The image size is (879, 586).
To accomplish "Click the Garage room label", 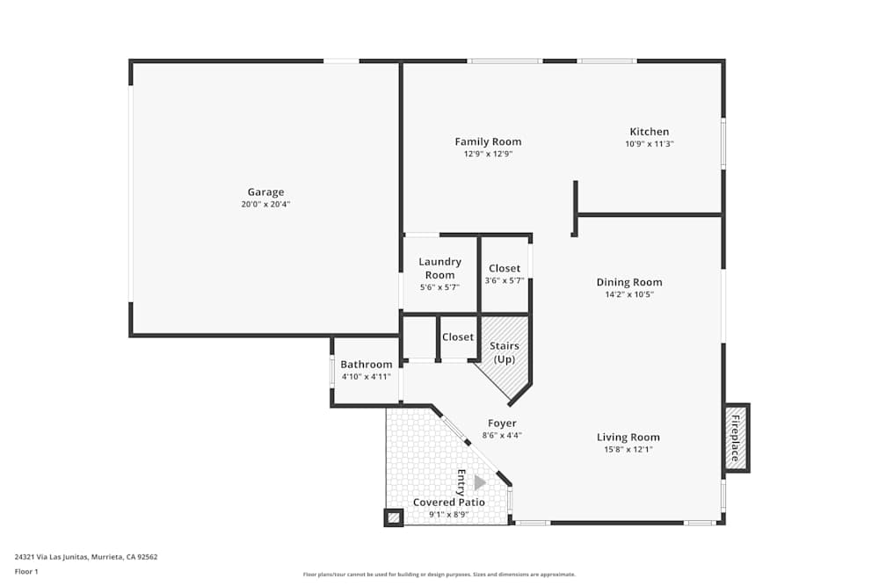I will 265,192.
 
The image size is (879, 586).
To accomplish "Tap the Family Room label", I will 488,141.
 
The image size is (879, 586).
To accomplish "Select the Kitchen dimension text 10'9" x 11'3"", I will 649,144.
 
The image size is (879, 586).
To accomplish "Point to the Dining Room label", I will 629,282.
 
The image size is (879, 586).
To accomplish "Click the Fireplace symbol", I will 736,438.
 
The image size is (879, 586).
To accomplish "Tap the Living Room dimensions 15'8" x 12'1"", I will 628,449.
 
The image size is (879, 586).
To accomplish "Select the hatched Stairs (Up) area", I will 504,356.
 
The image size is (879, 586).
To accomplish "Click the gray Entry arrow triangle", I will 480,482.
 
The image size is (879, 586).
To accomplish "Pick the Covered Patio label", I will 449,503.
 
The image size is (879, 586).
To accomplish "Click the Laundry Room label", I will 439,268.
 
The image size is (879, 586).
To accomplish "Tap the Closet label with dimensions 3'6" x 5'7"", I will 505,268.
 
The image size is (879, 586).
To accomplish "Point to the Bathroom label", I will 367,365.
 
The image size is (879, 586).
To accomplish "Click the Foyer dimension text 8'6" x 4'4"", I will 502,435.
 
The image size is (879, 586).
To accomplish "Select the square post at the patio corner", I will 393,517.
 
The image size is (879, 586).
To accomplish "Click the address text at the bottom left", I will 86,556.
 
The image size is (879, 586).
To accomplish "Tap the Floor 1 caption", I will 26,571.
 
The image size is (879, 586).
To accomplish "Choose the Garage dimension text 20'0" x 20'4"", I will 265,205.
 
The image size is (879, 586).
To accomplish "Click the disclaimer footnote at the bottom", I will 439,575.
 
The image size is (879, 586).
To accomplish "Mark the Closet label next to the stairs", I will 458,337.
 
